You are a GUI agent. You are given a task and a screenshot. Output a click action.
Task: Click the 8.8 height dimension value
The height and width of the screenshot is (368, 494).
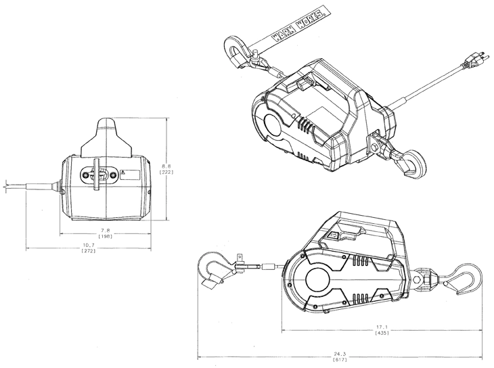point(166,166)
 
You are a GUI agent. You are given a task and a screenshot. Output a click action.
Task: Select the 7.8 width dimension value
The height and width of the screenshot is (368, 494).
point(106,230)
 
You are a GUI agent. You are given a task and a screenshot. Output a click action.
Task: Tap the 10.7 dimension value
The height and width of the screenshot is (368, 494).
point(89,245)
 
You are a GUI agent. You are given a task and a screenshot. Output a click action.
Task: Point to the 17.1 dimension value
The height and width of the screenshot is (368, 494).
point(382,327)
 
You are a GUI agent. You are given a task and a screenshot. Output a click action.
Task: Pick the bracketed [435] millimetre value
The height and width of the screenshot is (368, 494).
point(382,333)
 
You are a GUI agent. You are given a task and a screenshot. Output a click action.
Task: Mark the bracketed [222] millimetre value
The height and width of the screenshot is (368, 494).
point(166,172)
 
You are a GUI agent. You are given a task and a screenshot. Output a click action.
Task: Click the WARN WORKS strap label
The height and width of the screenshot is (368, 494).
point(298,24)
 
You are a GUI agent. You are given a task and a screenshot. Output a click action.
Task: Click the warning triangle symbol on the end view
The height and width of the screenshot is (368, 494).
point(123,172)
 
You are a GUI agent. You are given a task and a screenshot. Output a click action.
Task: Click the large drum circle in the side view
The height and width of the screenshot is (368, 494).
point(317,280)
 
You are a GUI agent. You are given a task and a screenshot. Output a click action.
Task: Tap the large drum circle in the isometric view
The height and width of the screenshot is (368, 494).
point(272,124)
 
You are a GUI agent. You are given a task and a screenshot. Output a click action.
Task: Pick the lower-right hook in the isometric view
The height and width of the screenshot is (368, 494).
point(409,163)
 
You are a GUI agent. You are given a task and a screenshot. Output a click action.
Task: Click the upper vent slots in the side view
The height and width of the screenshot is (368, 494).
point(360,260)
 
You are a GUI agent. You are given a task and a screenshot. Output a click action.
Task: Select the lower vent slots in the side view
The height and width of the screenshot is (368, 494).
point(360,298)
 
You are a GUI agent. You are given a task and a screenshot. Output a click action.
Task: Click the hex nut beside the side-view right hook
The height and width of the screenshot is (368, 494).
point(416,279)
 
